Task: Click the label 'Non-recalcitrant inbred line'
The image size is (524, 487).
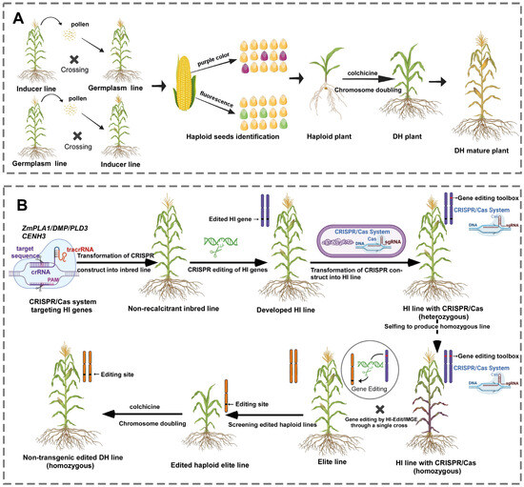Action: point(172,309)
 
